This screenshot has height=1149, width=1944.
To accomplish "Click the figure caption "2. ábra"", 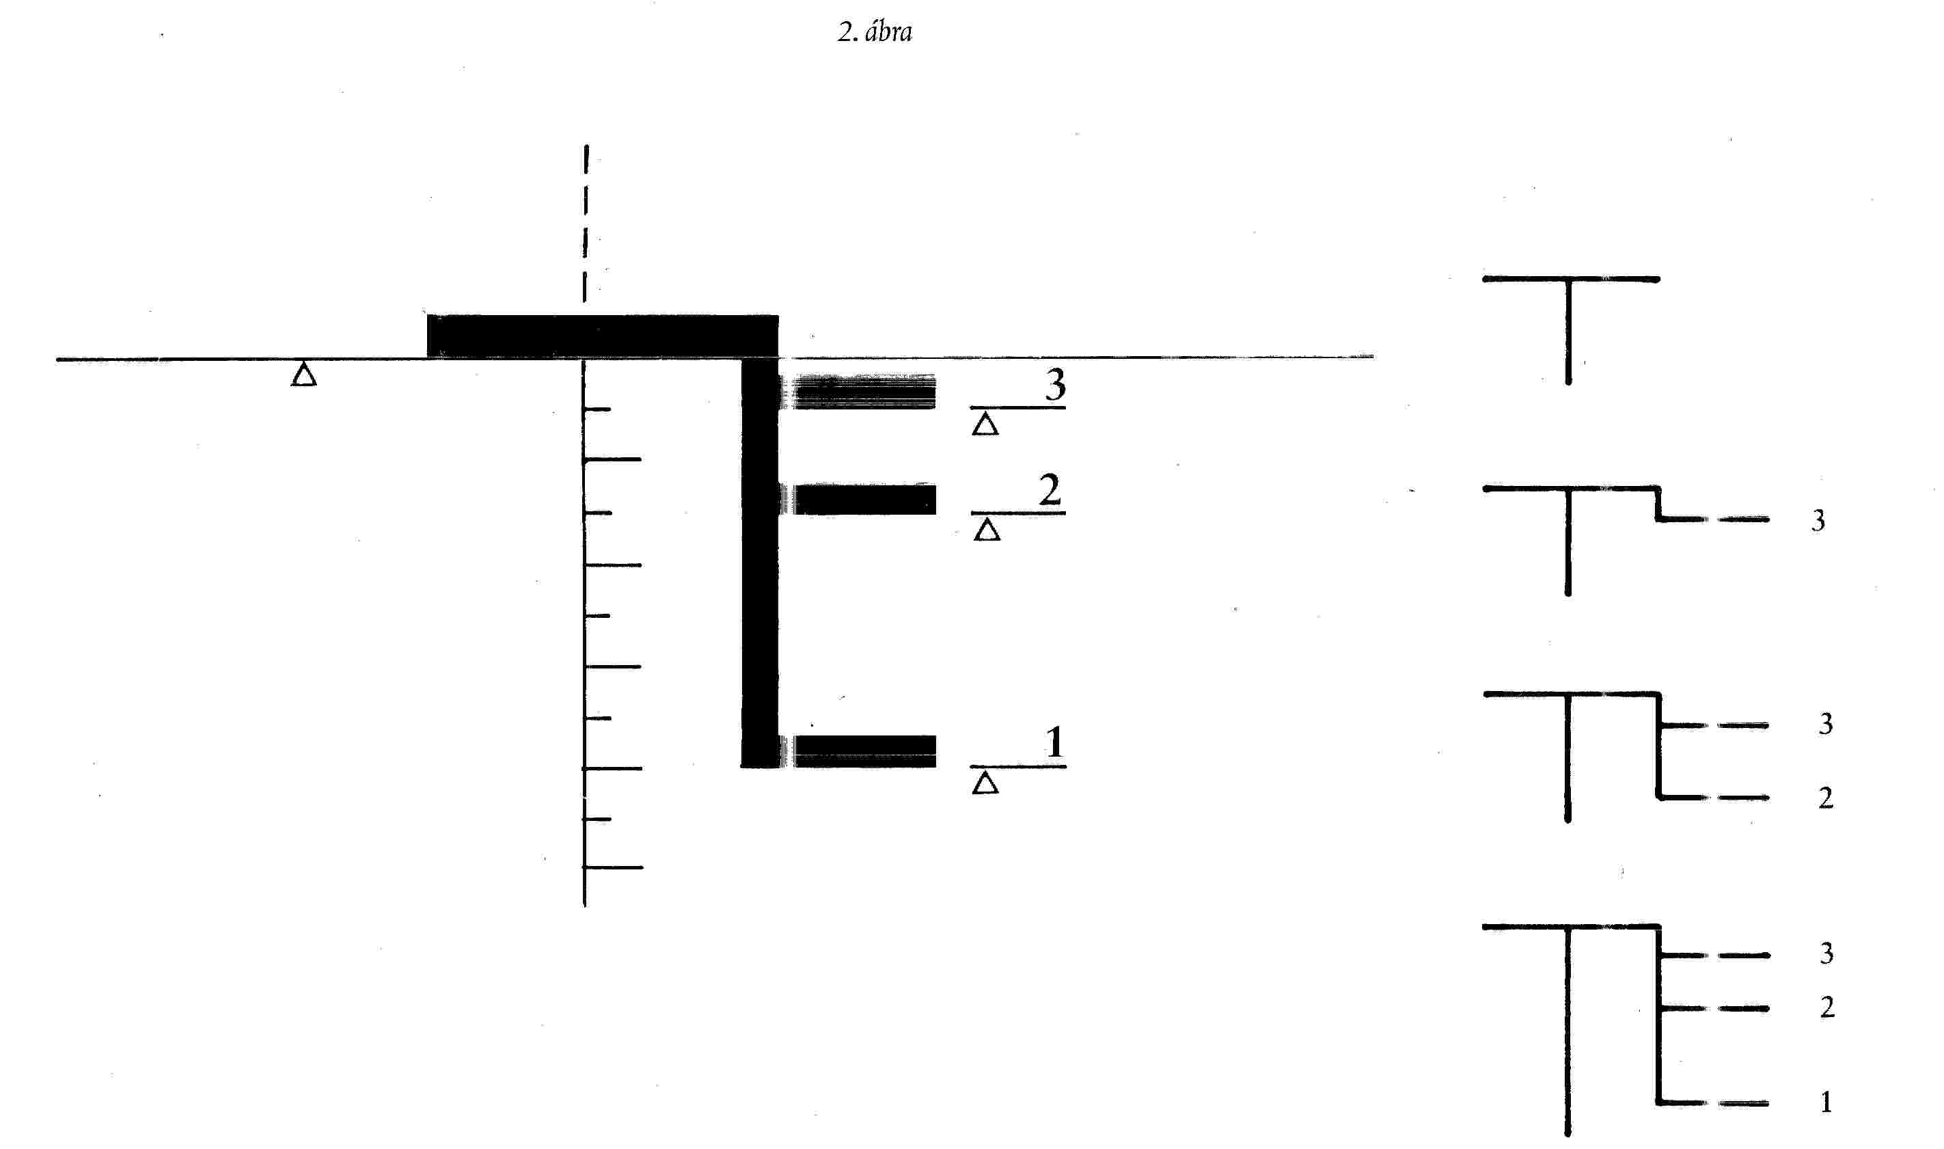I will [x=875, y=31].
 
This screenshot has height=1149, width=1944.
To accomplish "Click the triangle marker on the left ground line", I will [x=303, y=375].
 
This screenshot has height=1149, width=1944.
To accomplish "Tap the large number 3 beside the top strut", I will [x=1056, y=385].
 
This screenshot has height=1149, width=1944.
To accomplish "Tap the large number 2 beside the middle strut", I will [x=1050, y=490].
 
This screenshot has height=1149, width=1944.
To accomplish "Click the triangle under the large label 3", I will [x=985, y=425].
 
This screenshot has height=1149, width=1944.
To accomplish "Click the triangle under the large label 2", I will [x=987, y=531].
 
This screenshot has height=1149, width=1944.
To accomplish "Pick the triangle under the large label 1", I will [x=985, y=783].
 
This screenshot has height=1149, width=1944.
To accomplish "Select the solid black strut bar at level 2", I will [x=863, y=500].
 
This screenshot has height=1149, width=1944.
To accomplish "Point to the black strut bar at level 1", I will [x=863, y=751].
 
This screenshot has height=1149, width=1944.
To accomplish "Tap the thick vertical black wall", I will [x=760, y=558].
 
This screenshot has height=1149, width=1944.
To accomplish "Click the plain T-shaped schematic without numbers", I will [x=1570, y=325].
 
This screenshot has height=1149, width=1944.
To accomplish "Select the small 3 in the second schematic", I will [x=1818, y=520].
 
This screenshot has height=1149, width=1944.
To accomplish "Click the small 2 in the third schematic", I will [x=1826, y=798].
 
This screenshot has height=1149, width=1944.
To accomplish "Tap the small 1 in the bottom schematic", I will [x=1826, y=1102].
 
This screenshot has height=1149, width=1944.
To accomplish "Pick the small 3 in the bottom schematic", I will [x=1826, y=953].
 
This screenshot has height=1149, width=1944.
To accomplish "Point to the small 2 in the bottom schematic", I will [x=1827, y=1008].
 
